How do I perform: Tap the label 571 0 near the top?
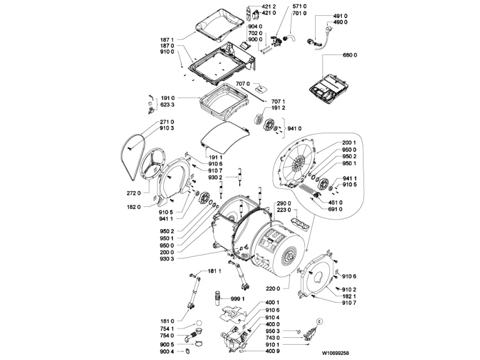283,6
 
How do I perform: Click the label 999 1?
237,298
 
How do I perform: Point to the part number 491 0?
339,16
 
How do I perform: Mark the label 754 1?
167,328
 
